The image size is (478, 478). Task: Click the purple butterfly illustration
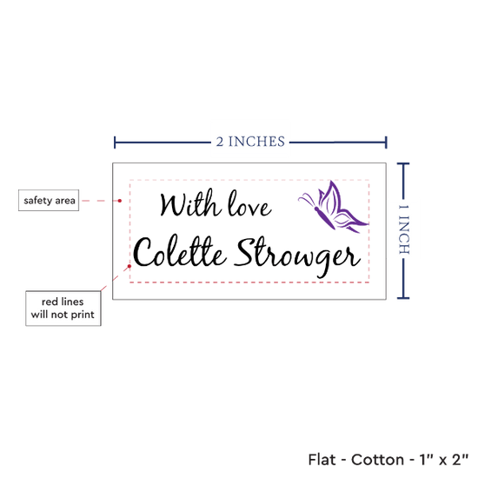coord(334,208)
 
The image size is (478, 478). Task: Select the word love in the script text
coord(249,204)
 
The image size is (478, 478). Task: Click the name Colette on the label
coord(180,251)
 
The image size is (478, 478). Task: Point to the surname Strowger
coord(297,256)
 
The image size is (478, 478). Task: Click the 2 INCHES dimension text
coord(250,142)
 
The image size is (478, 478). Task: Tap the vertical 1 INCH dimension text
coord(404,229)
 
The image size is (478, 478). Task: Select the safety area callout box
coord(49,200)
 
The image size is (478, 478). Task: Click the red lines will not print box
coord(63,309)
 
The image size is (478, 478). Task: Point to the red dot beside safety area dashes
coord(120,201)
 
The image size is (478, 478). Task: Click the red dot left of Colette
coord(129,266)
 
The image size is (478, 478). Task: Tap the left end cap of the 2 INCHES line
coord(115,143)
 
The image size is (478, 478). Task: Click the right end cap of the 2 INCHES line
coord(386,143)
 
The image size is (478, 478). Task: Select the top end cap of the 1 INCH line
coord(403,164)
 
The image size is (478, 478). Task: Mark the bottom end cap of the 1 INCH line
coord(403,298)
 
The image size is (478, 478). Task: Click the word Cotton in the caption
coord(377,460)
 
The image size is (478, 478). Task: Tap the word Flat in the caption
coord(322,460)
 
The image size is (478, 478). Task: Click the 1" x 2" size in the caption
coord(444,460)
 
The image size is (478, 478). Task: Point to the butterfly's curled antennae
coord(308,199)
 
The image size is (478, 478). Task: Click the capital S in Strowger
coord(246,252)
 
